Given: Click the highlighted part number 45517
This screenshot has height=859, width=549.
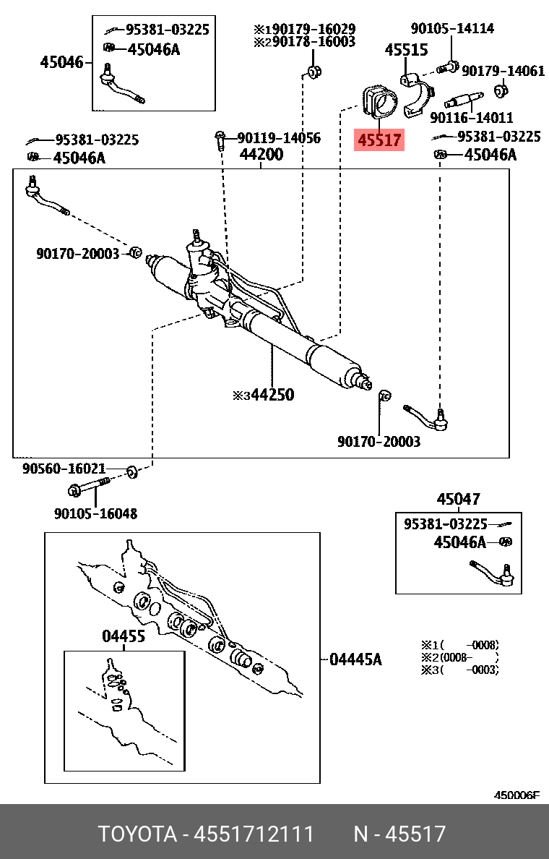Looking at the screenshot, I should [x=379, y=140].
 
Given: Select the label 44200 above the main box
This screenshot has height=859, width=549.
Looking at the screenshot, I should [x=261, y=155].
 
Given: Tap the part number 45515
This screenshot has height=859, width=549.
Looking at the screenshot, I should [x=406, y=51].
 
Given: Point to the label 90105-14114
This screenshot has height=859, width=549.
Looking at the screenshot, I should [x=452, y=29].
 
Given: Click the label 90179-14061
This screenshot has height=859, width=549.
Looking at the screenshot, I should [x=503, y=71].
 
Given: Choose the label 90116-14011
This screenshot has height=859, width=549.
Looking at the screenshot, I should [x=471, y=117].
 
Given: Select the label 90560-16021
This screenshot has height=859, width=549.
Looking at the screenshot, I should [x=64, y=469].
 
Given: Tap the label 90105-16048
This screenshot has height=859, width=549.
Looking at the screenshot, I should [x=95, y=513].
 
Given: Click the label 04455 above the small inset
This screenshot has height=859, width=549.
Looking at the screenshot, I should [x=123, y=636].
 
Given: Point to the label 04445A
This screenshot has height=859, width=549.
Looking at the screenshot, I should [x=355, y=659].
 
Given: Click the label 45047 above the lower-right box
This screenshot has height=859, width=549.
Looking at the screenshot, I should [x=458, y=499].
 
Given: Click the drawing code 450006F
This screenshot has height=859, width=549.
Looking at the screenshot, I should [x=516, y=795].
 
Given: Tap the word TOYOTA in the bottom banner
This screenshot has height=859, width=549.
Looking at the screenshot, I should [x=137, y=834].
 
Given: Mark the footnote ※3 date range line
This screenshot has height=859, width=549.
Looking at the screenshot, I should [x=460, y=670].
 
